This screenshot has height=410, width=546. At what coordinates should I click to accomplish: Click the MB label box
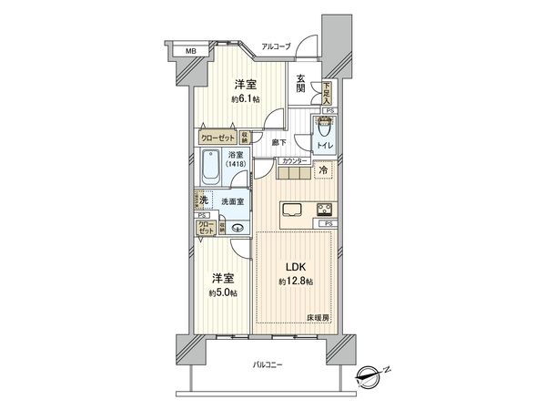click(x=191, y=51)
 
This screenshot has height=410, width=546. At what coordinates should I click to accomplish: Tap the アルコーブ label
click(x=275, y=45)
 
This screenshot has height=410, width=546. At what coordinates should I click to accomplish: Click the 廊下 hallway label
click(x=278, y=142)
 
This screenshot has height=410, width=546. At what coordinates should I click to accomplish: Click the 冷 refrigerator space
click(x=323, y=170)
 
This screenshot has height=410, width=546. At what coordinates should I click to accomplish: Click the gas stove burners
click(x=324, y=210)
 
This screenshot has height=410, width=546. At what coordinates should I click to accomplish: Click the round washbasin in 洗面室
click(x=238, y=229)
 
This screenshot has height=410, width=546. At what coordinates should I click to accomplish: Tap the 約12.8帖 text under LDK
click(x=296, y=281)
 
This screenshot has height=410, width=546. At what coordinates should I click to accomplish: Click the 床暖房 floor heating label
click(x=318, y=316)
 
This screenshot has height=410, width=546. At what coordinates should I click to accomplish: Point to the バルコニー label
click(x=268, y=364)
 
